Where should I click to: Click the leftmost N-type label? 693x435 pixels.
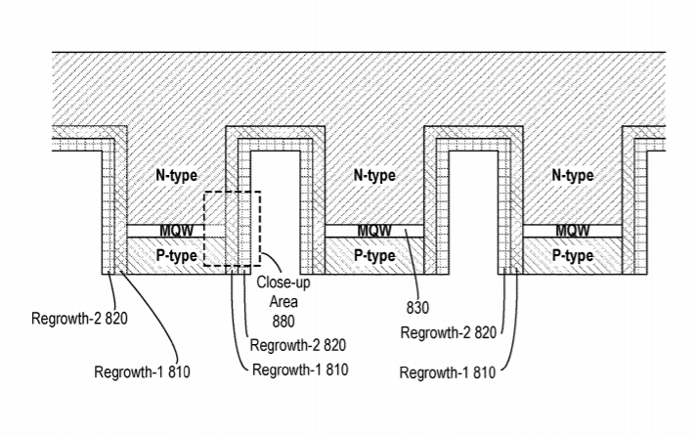coord(176,176)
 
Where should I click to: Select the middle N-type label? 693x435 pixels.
coord(373,176)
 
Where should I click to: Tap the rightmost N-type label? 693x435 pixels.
coord(573,176)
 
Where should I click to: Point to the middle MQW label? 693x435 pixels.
coord(374,232)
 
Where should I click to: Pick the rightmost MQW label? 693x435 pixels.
coord(573,232)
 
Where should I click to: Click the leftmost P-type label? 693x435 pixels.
coord(176,256)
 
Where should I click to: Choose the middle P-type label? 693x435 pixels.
coord(373,256)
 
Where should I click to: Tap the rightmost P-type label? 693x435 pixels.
coord(573,256)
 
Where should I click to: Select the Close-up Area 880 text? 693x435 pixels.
coord(276,301)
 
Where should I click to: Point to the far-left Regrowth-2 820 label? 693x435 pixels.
coord(81,318)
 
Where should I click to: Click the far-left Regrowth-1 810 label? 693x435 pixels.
coord(142,371)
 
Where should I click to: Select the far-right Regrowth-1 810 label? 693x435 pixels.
coord(448,372)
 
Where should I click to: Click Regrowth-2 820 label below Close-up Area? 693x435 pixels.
coord(299,345)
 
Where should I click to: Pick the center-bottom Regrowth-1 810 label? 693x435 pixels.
coord(300,370)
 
